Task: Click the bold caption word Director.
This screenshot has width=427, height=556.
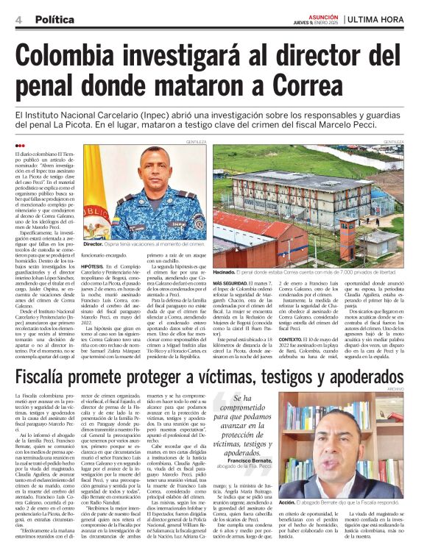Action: click(x=93, y=243)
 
